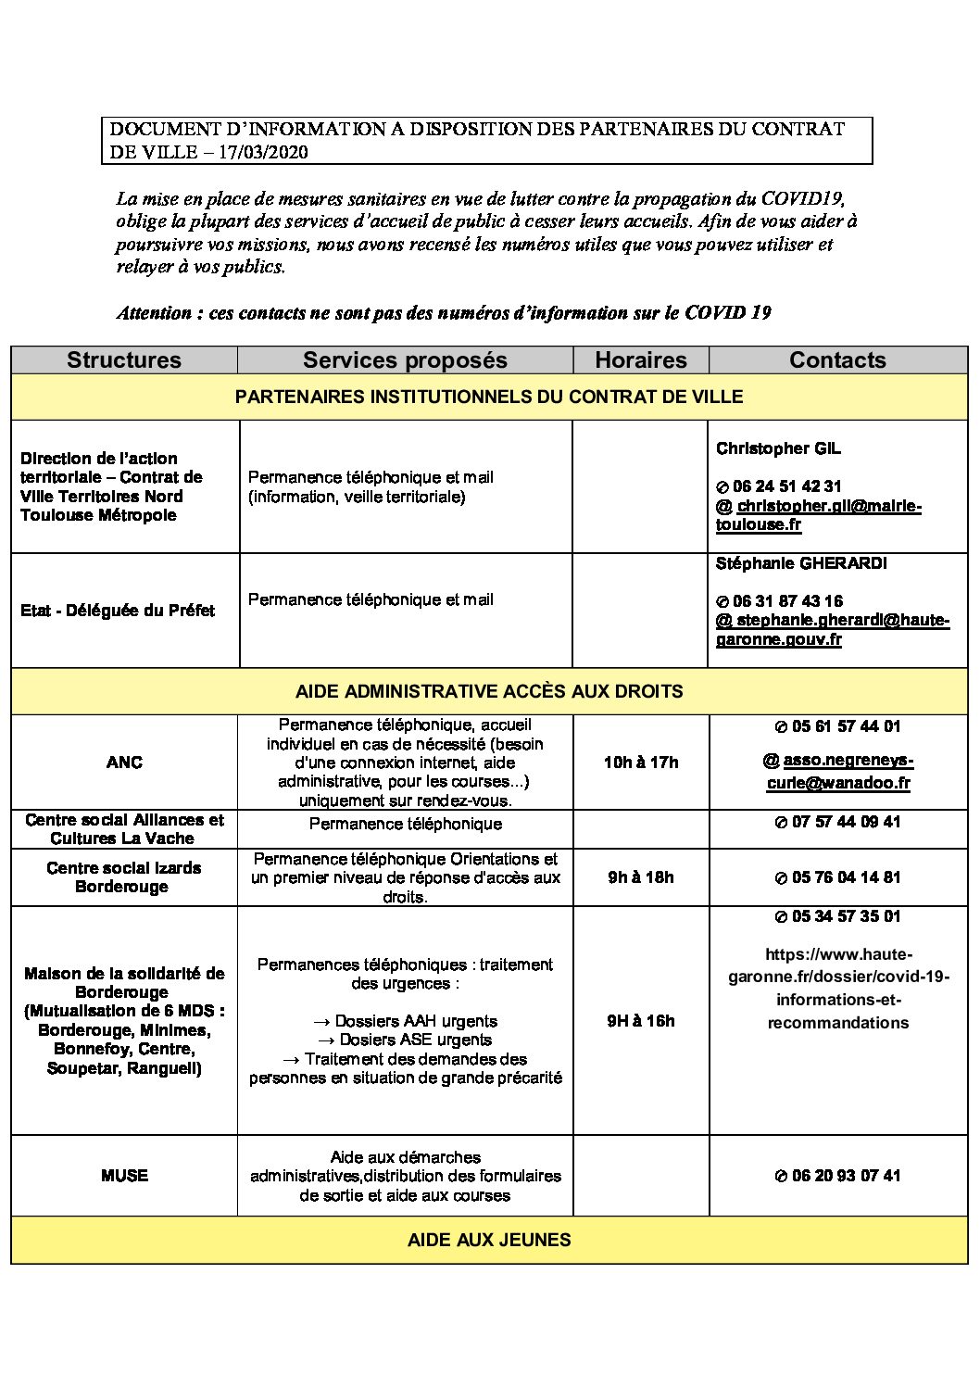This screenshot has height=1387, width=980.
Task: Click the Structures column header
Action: point(124,360)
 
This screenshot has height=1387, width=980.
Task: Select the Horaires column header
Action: point(641,360)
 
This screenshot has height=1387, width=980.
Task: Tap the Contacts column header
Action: point(837,360)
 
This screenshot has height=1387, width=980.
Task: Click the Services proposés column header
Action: point(405,360)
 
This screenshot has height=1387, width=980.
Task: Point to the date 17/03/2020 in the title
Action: point(263,153)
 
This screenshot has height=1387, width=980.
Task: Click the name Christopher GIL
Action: point(778,448)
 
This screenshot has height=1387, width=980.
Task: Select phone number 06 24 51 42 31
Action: point(786,486)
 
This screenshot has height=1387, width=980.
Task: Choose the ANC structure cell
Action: point(124,763)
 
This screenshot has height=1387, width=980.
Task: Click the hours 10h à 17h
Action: point(641,763)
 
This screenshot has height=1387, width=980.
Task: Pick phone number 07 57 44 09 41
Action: point(846,822)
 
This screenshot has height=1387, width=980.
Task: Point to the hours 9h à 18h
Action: point(641,877)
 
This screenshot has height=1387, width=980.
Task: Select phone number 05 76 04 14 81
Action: point(846,877)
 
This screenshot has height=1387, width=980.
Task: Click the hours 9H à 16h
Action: point(641,1021)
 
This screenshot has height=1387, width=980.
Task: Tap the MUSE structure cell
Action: point(124,1176)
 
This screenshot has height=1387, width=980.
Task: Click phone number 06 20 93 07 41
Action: point(846,1176)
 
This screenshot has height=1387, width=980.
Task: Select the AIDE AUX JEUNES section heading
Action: point(489,1240)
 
